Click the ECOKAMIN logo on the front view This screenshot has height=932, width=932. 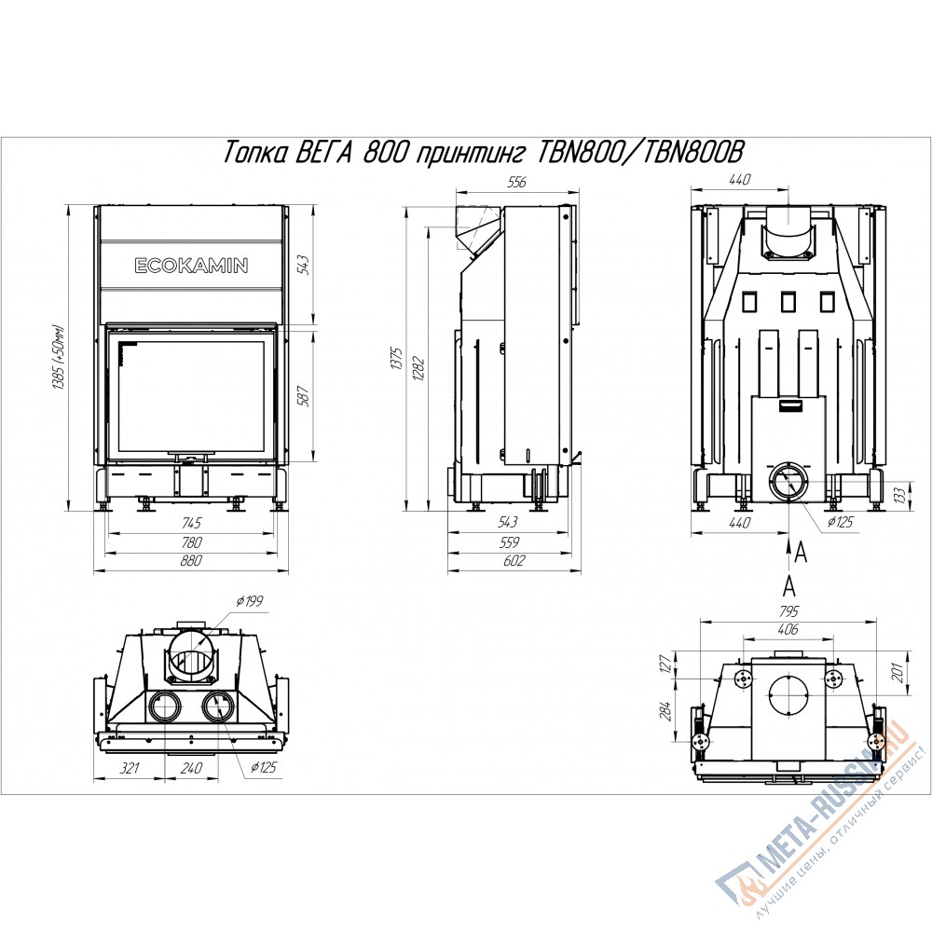[191, 265]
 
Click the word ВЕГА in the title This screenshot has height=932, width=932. [323, 154]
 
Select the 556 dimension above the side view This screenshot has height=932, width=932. [517, 182]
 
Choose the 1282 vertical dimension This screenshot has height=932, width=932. [419, 368]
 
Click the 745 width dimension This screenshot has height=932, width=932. [191, 523]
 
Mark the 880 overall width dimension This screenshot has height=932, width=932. [191, 560]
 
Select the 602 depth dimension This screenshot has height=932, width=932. [514, 560]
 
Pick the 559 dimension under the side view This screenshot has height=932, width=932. [510, 541]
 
